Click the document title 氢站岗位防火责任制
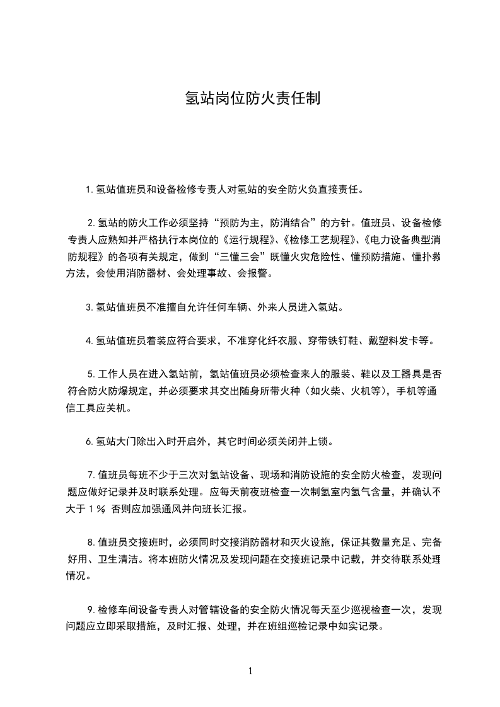pyautogui.click(x=250, y=98)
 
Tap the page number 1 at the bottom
pyautogui.click(x=250, y=671)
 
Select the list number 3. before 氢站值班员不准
pyautogui.click(x=90, y=308)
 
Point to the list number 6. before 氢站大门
pyautogui.click(x=90, y=441)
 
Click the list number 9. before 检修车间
pyautogui.click(x=91, y=609)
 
